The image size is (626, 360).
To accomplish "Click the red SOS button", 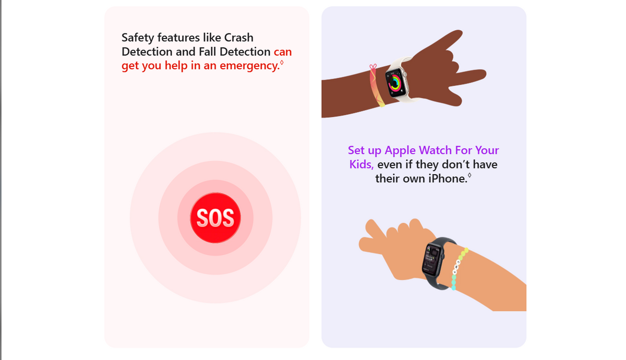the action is [215, 218].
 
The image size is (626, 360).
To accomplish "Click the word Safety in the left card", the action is [138, 38].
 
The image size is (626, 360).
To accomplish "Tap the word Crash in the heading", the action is [239, 38].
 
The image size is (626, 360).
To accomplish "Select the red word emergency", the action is [249, 66].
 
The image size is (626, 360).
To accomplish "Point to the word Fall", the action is [208, 52].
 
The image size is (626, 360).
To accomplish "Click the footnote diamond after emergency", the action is [282, 62].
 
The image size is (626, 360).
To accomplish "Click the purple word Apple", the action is [400, 151].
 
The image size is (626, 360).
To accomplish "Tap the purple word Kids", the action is [362, 164].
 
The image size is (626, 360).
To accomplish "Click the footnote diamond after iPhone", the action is [469, 175].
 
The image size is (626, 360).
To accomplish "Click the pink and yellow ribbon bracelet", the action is [376, 86].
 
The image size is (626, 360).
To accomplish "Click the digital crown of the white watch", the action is [404, 74].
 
